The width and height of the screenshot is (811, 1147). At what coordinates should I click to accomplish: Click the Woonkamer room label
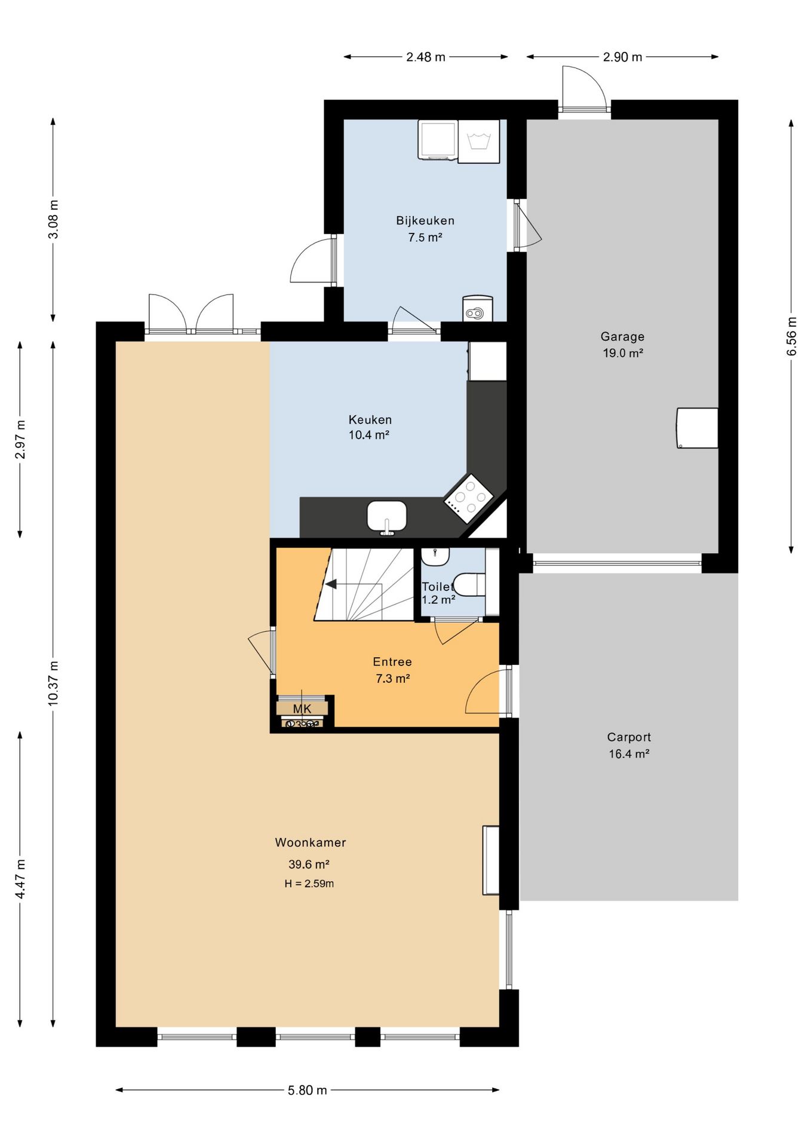click(311, 842)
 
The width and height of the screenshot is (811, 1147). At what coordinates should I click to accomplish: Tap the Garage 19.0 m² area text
click(623, 353)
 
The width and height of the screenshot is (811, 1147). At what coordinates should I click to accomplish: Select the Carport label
click(629, 737)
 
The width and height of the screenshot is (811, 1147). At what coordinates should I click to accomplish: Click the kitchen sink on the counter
click(387, 516)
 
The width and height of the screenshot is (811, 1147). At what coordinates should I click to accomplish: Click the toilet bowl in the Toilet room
click(470, 585)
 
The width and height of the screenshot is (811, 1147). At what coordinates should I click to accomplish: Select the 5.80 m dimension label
click(308, 1090)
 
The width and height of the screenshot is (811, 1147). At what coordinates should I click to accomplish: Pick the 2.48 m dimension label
click(426, 57)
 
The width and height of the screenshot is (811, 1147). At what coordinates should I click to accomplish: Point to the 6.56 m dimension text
click(791, 336)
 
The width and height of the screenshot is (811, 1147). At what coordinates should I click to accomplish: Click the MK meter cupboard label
click(302, 709)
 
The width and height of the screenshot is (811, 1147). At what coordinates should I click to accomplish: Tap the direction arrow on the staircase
click(330, 584)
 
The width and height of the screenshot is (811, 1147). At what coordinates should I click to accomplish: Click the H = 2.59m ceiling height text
click(309, 884)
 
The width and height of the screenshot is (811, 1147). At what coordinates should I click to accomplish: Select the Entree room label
click(392, 661)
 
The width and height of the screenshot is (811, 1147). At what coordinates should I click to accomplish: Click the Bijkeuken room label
click(425, 220)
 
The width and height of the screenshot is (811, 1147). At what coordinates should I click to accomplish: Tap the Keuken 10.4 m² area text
click(369, 435)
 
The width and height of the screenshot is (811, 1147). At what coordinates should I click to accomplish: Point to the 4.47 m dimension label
click(20, 879)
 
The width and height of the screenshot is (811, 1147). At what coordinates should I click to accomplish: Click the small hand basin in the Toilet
click(435, 556)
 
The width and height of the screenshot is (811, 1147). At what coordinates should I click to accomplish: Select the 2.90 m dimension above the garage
click(622, 57)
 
